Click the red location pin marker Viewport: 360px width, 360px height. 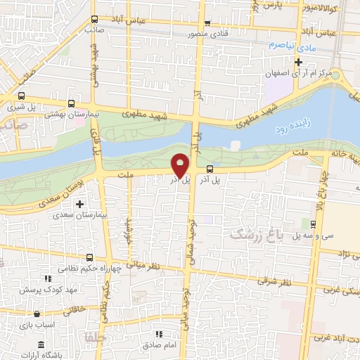[181, 165]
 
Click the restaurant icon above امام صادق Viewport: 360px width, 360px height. [160, 333]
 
